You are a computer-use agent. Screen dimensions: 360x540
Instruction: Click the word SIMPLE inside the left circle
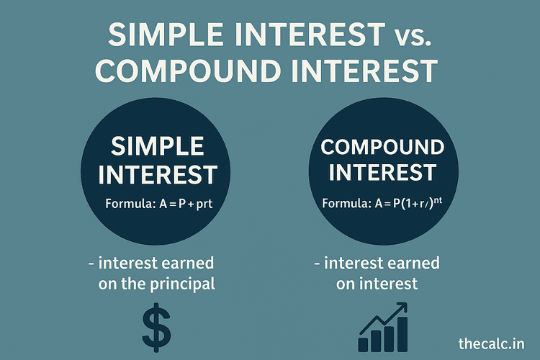click(157, 147)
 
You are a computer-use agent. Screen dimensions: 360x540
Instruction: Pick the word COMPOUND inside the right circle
click(382, 148)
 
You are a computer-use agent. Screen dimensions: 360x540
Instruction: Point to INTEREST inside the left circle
click(157, 174)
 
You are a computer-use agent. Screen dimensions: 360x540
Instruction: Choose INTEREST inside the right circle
click(382, 174)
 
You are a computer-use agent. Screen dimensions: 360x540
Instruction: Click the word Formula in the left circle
click(128, 203)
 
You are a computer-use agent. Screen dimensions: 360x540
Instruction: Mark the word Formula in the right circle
click(346, 203)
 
